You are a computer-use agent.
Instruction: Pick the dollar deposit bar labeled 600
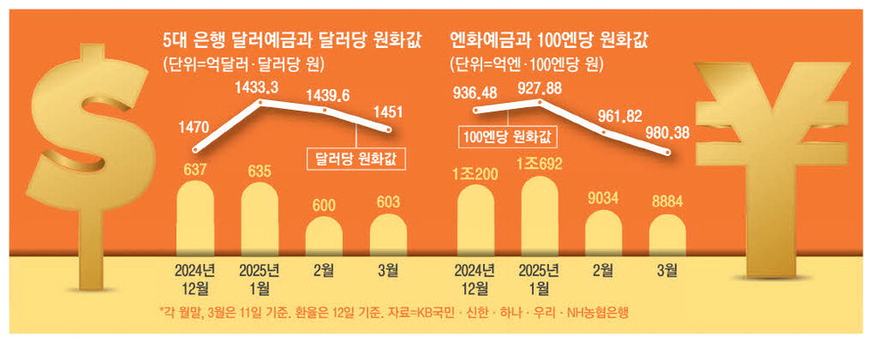point(324,234)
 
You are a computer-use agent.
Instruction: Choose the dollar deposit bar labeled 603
point(388,233)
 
